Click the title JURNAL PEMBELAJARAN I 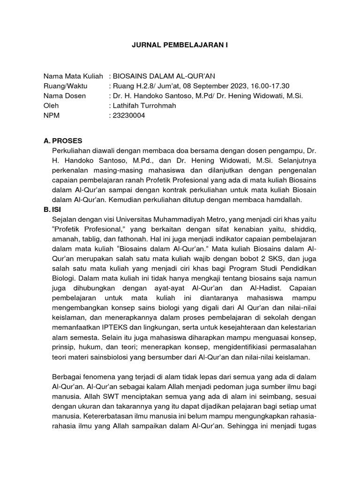[x=180, y=45]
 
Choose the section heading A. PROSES [x=63, y=140]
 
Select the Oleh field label [x=51, y=106]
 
